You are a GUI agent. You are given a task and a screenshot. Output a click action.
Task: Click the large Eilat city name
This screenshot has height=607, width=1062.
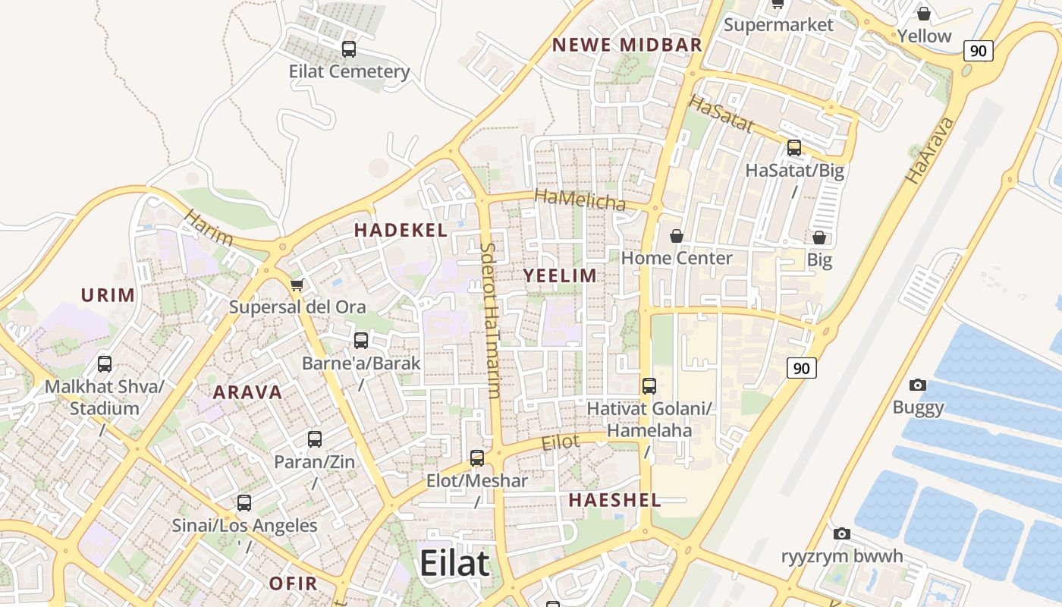(454, 564)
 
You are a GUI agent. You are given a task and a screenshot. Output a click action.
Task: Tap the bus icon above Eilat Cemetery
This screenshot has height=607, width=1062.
(349, 49)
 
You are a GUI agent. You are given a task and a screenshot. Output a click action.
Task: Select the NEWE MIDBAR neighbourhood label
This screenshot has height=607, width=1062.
(627, 45)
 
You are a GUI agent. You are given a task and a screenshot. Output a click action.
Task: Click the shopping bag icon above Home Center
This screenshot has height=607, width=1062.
(677, 237)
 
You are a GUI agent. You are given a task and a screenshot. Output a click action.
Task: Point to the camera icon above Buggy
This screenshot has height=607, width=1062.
(918, 385)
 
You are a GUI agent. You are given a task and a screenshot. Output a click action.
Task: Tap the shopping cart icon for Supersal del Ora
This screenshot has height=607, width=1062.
(297, 285)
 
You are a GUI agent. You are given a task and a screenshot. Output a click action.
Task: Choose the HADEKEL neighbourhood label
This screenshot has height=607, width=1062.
(401, 230)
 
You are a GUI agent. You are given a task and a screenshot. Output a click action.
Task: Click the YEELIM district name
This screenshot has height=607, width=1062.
(561, 275)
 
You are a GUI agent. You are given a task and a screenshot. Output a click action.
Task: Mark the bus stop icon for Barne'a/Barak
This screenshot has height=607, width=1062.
(361, 341)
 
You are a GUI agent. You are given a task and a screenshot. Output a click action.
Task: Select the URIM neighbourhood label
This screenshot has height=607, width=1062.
(108, 295)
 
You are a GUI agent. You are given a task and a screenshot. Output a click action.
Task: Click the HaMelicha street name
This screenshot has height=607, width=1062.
(580, 200)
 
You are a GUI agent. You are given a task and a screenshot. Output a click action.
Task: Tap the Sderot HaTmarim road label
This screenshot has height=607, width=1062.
(490, 320)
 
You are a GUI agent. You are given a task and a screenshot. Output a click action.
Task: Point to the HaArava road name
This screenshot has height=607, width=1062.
(928, 150)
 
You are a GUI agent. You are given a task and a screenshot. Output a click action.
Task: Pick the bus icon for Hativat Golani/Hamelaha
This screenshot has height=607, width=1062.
(649, 386)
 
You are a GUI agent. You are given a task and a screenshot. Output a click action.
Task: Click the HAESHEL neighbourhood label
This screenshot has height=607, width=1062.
(615, 500)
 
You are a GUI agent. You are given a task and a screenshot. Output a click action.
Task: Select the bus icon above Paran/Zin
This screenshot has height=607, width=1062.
(315, 439)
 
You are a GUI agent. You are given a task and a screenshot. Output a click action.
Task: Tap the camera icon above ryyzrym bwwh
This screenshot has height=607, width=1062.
(842, 534)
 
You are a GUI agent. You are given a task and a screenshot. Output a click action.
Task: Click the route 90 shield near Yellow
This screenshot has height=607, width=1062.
(978, 51)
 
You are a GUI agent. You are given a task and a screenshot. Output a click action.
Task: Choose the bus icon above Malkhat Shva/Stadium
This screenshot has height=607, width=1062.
(105, 364)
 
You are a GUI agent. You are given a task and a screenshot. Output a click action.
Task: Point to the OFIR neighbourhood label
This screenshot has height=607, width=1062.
(294, 583)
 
